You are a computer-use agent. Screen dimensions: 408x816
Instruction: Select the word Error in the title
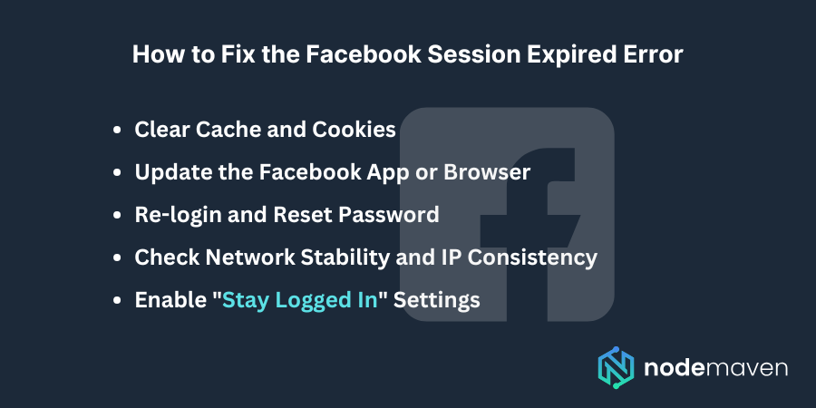point(653,54)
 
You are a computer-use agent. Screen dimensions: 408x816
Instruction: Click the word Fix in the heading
point(242,54)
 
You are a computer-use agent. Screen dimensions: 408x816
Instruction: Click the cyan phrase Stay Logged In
point(299,300)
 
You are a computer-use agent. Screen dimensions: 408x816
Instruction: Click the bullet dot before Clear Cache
point(117,131)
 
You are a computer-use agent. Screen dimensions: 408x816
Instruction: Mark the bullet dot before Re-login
point(117,216)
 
